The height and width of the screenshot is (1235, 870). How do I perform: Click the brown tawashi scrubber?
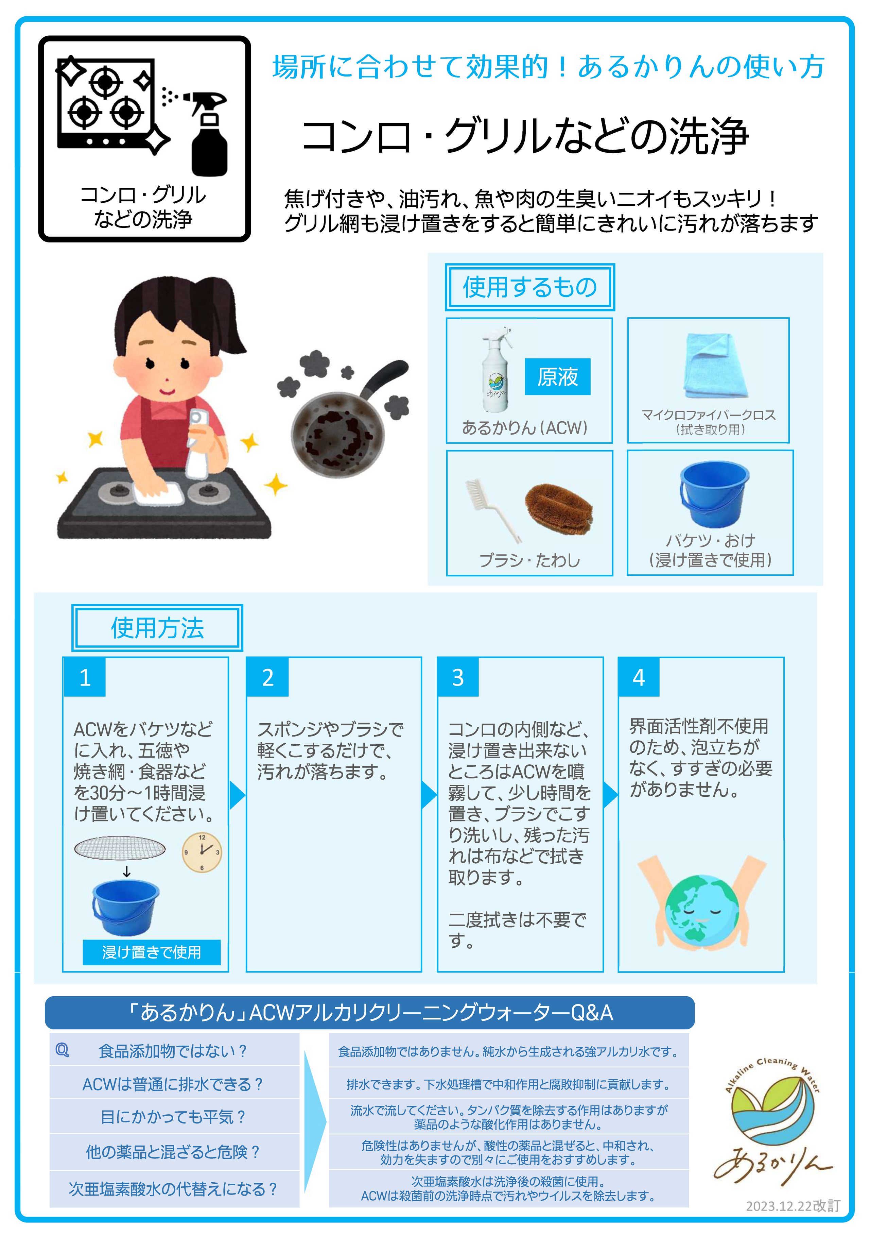tap(559, 509)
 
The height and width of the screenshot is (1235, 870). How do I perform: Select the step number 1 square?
tap(84, 677)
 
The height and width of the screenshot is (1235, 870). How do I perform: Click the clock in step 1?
tap(202, 852)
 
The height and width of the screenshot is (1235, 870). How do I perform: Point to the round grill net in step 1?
tap(120, 848)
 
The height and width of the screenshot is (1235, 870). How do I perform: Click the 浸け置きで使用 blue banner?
tap(152, 952)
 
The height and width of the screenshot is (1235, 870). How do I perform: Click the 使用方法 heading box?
tap(157, 628)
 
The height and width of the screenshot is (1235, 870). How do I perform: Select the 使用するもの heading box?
tap(529, 287)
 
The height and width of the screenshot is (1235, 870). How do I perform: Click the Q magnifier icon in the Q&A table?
tap(63, 1049)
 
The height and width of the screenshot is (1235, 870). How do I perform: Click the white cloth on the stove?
tap(159, 494)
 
